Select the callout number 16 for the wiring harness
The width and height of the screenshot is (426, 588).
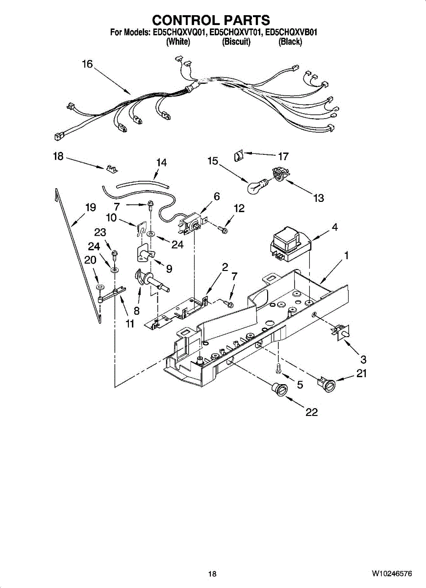(87, 64)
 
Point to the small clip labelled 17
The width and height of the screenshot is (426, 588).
(238, 157)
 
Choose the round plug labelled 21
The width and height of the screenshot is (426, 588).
(328, 384)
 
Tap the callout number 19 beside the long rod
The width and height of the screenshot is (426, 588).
(90, 207)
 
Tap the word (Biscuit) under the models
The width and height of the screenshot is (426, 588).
(236, 42)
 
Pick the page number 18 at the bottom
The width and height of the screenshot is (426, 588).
(212, 574)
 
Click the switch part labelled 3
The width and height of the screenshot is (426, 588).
(340, 332)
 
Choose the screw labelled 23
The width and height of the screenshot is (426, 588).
(114, 254)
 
